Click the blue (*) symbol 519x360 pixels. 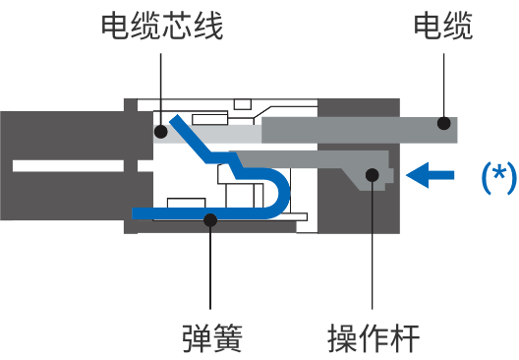[x=498, y=176]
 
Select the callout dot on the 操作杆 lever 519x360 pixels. [x=374, y=176]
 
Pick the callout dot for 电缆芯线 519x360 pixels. [x=160, y=130]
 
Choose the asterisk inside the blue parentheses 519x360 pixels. [x=498, y=174]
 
